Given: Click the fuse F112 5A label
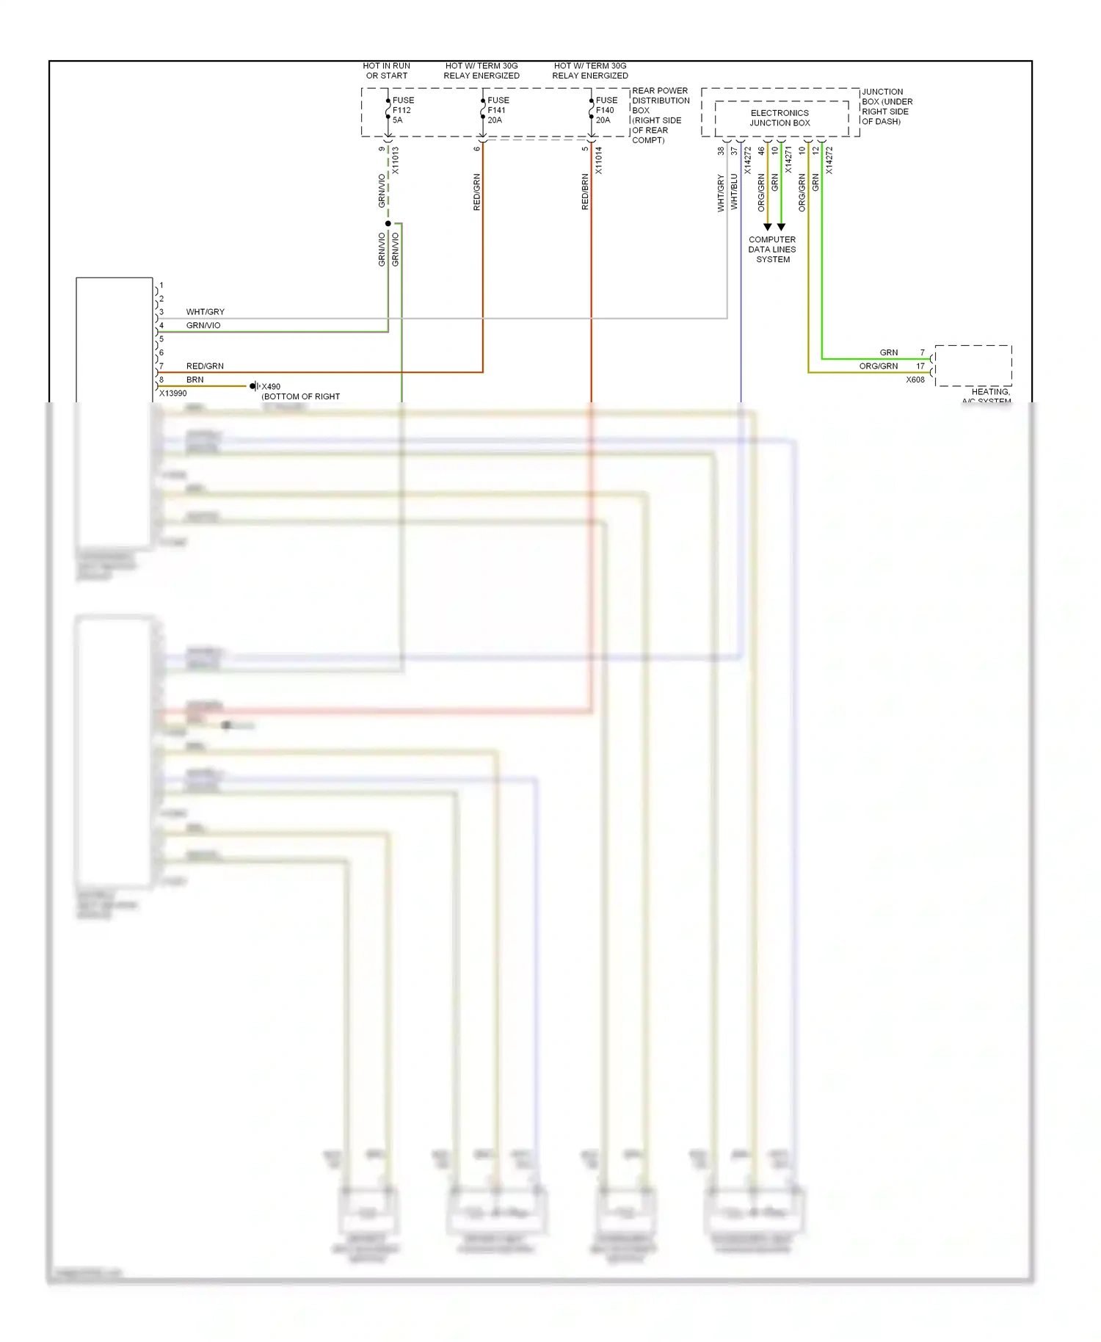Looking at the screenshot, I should coord(402,110).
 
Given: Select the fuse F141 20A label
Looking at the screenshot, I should coord(498,110).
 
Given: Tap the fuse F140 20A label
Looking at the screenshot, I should coord(606,110).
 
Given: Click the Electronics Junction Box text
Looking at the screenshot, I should coord(780,118).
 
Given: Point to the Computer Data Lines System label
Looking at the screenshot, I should coord(772,250).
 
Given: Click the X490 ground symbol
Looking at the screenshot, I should coord(254,386).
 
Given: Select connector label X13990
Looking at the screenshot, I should coord(173,393).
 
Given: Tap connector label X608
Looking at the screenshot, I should coord(915,380).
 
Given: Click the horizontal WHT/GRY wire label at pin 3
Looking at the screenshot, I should coord(206,312).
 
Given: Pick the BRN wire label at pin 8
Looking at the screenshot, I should coord(195,380).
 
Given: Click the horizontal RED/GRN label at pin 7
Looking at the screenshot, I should coord(205,366).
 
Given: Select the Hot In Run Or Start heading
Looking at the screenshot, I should coord(387,70).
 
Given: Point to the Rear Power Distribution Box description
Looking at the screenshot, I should coord(660,115).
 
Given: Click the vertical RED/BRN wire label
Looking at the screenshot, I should coord(585,192).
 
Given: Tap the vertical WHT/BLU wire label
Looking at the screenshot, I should coord(734,192).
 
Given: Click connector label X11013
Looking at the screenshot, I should coord(395,161).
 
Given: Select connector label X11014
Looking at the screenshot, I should coord(599,161).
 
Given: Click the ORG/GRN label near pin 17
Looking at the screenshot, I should coord(879,366).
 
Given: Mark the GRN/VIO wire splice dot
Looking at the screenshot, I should coord(388,223).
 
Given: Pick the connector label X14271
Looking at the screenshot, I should coord(788,161).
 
